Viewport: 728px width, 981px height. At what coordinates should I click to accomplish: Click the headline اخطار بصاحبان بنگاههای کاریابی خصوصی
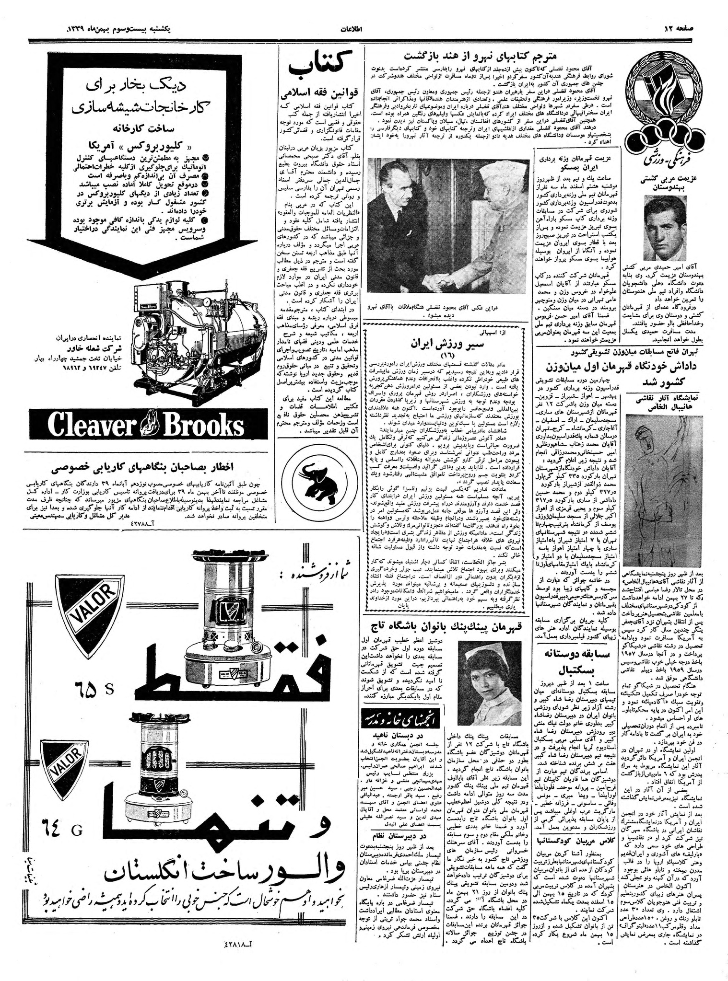(145, 467)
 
